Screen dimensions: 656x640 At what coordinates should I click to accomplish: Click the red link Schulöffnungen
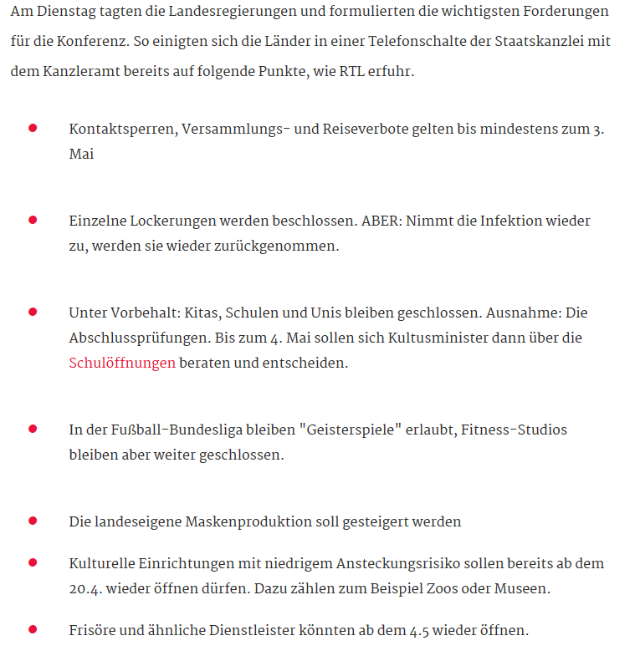click(122, 364)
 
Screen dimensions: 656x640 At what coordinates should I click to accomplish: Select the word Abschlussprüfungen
click(138, 338)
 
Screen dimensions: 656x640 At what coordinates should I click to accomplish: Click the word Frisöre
click(92, 630)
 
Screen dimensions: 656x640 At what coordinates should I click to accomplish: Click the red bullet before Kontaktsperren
click(33, 128)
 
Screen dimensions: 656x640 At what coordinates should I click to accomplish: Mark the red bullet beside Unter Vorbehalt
click(33, 312)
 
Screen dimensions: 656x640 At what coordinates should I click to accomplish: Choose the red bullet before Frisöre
click(33, 628)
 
